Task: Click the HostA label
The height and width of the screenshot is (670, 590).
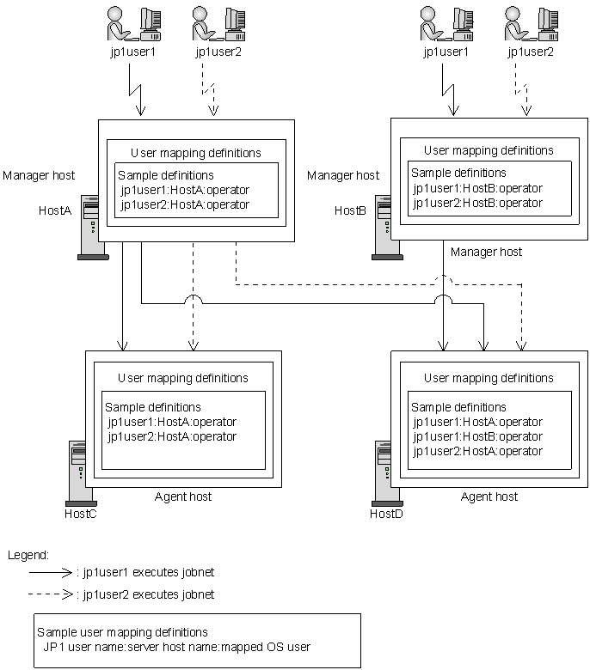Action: [x=55, y=210]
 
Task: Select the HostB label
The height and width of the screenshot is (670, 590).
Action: [x=351, y=210]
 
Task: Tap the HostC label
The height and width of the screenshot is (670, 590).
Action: [x=81, y=514]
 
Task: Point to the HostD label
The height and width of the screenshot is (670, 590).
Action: [x=386, y=514]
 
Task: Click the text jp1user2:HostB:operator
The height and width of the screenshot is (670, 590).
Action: [x=477, y=204]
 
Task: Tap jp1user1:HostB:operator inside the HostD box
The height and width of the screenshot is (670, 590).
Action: [x=477, y=436]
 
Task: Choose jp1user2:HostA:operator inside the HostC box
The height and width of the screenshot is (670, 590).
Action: [x=172, y=436]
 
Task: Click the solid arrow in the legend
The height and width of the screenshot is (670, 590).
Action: [x=52, y=570]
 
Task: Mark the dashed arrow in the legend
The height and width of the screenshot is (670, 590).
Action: [x=52, y=594]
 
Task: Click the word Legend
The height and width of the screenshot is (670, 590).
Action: [x=28, y=556]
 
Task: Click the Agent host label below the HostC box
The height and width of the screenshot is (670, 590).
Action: [x=183, y=496]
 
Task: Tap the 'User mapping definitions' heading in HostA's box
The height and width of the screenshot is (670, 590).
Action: [x=196, y=153]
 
